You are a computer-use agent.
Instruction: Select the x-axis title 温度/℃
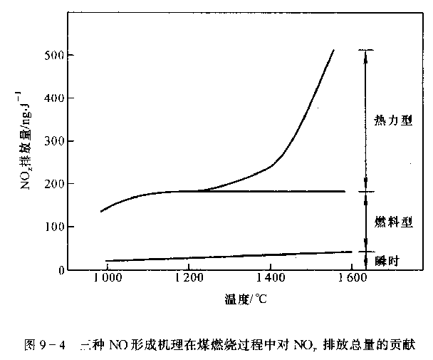pos(245,300)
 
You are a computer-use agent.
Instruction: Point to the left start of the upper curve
pos(101,212)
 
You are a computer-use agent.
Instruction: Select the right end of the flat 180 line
pos(345,191)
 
